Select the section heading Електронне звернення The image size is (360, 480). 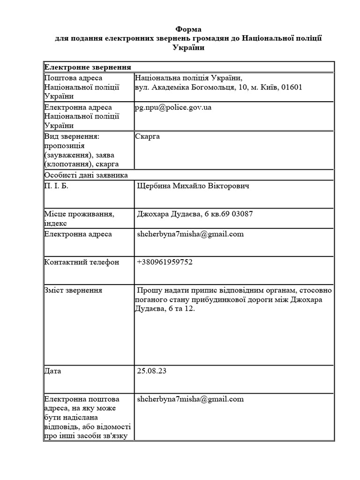(x=87, y=67)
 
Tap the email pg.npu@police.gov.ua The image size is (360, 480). (x=173, y=107)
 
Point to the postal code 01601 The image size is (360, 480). (x=292, y=87)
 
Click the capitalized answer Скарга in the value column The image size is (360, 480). (x=148, y=136)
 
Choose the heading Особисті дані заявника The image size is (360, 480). (x=86, y=175)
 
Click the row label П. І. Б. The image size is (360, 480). (x=59, y=186)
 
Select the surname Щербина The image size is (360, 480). (x=153, y=186)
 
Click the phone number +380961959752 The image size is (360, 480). (x=165, y=262)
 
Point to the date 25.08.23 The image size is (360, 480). (x=152, y=371)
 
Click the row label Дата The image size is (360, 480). (x=52, y=371)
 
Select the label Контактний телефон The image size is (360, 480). (x=82, y=262)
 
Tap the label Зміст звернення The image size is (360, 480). (x=73, y=290)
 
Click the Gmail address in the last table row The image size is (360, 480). (x=190, y=399)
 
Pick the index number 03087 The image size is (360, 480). (x=242, y=214)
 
